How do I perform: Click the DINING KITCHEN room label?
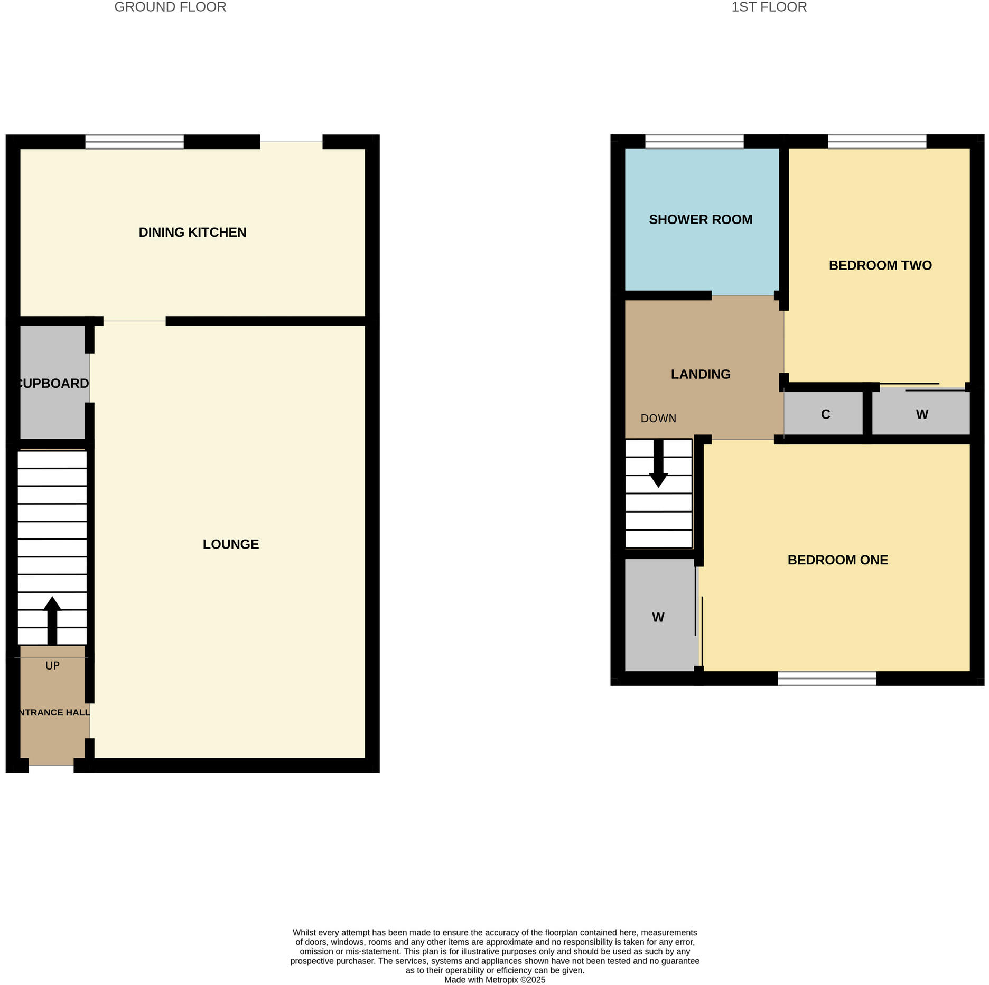[x=192, y=233]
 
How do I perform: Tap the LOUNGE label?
[x=231, y=544]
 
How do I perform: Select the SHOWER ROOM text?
[x=701, y=219]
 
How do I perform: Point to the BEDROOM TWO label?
[x=880, y=265]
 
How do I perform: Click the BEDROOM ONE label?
[x=837, y=560]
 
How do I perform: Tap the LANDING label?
[x=701, y=374]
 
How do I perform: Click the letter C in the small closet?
[x=826, y=414]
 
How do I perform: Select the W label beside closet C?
[x=922, y=414]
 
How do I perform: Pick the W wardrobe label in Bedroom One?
[x=658, y=617]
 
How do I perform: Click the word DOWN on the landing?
[x=658, y=419]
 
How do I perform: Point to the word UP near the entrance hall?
[x=52, y=666]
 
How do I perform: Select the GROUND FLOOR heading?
[x=170, y=7]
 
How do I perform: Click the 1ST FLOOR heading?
[x=769, y=7]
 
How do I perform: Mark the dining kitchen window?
[x=134, y=142]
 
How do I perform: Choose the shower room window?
[x=694, y=142]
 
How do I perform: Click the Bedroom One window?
[x=827, y=678]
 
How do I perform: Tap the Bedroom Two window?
[x=877, y=142]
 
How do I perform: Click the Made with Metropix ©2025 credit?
[x=494, y=980]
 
